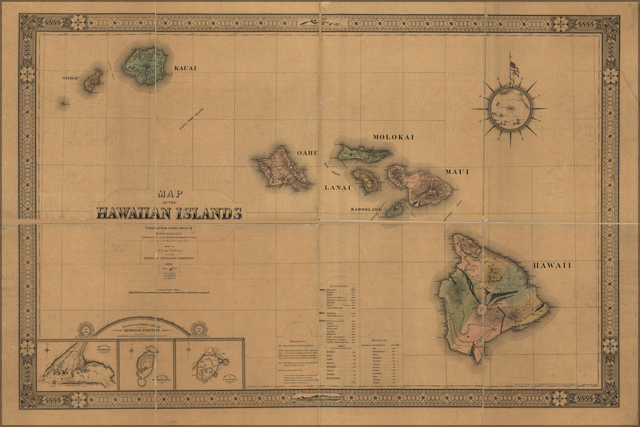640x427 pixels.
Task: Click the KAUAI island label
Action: tap(185, 68)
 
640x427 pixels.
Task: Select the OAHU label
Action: tap(307, 153)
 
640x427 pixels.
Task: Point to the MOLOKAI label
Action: tap(393, 137)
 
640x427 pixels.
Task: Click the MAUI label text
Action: tap(456, 172)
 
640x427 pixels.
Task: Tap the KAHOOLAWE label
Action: tap(366, 210)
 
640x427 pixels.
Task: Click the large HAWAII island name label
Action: tap(552, 265)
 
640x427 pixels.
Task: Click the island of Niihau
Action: tap(93, 81)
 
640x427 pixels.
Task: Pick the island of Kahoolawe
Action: tap(395, 209)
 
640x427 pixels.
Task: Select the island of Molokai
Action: tap(364, 153)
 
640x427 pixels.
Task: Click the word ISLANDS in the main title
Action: tap(209, 213)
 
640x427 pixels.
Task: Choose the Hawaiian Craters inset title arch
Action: tap(142, 326)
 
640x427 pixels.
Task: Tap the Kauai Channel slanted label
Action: tap(191, 118)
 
